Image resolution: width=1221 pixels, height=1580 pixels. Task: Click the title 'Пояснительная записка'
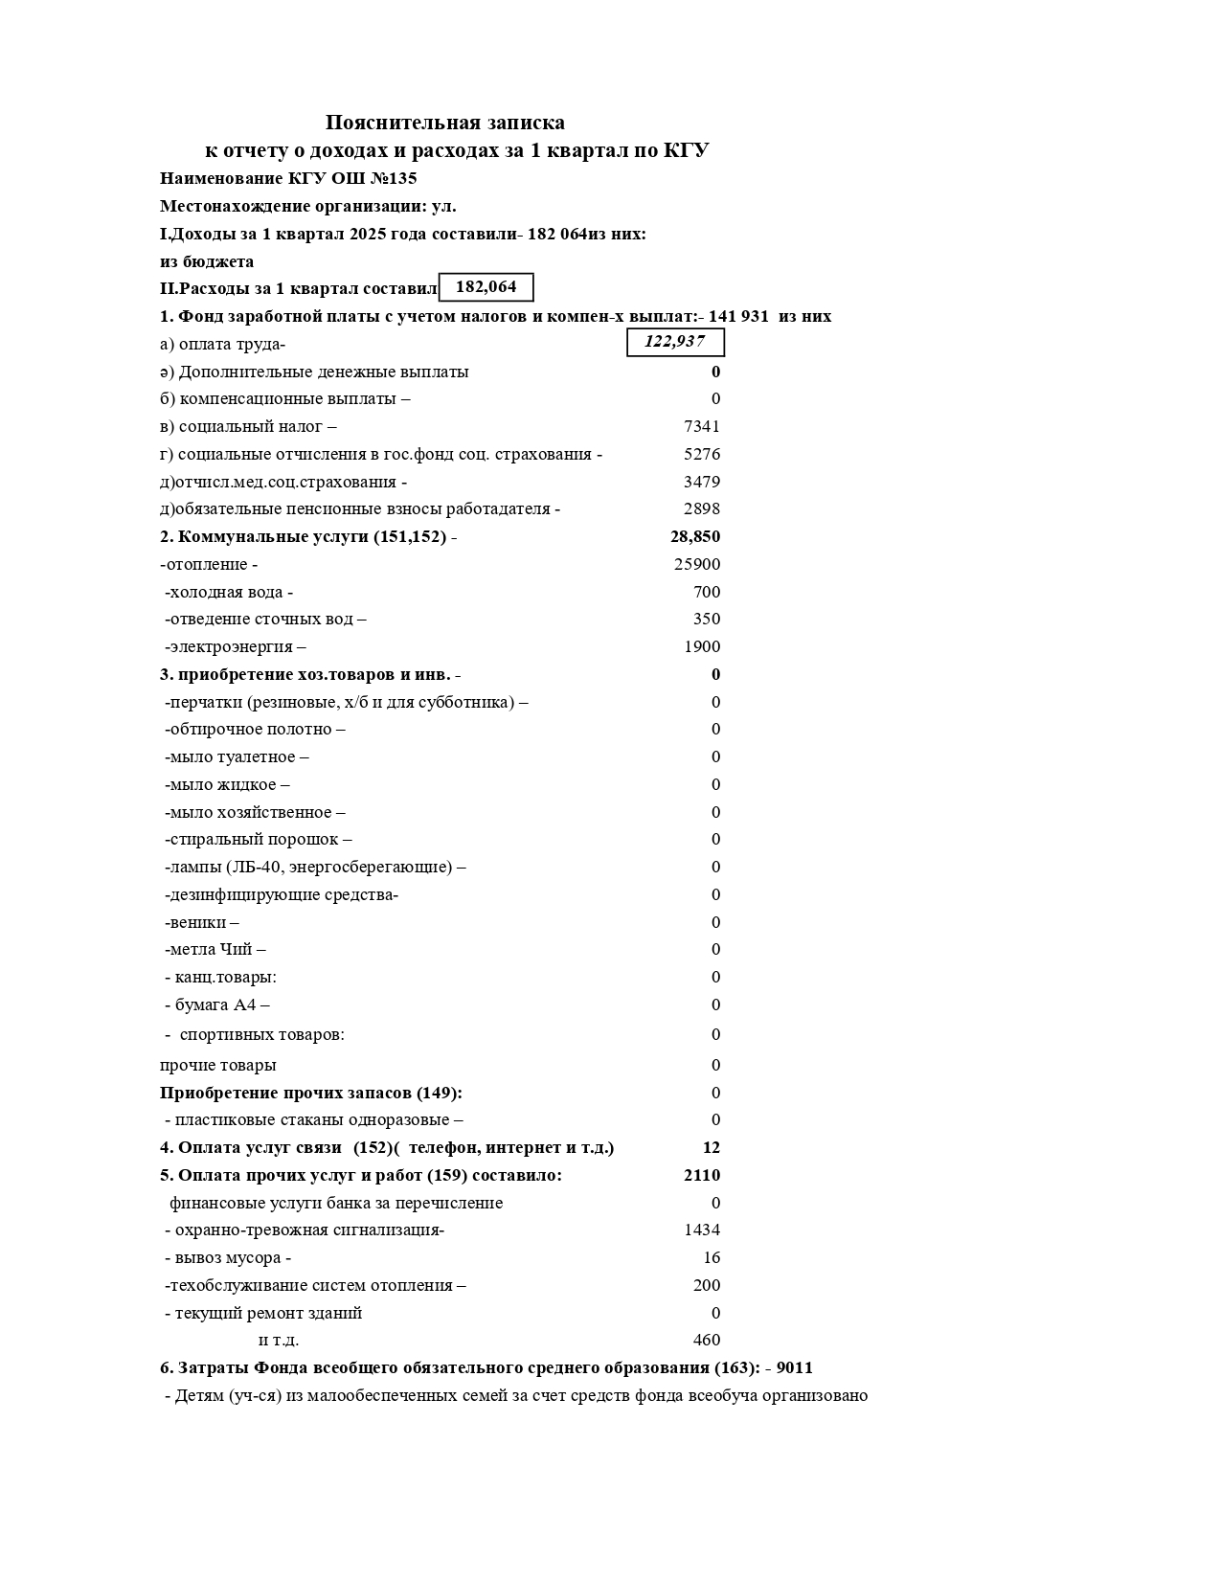(x=444, y=123)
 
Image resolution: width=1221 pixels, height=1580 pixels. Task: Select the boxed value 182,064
(x=486, y=287)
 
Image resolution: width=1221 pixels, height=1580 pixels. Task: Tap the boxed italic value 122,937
(x=674, y=342)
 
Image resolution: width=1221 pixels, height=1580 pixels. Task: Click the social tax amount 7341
(x=701, y=426)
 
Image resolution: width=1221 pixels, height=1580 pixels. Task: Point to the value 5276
(x=701, y=454)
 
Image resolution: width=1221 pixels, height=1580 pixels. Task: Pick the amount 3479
(x=701, y=482)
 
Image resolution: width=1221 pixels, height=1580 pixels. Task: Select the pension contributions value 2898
(x=701, y=508)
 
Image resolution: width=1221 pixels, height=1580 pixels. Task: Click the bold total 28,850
(x=694, y=536)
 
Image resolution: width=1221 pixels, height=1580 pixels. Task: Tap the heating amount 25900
(x=697, y=565)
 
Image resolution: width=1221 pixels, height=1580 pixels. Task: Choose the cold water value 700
(x=707, y=592)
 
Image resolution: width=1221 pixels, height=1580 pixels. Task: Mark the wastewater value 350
(x=707, y=619)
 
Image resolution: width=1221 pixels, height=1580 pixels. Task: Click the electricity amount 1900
(x=701, y=646)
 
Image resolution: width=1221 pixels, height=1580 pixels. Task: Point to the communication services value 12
(x=711, y=1147)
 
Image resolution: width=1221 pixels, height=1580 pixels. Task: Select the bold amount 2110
(x=701, y=1175)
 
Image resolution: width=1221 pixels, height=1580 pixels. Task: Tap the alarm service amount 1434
(x=701, y=1230)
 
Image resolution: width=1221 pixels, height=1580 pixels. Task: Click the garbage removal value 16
(x=712, y=1257)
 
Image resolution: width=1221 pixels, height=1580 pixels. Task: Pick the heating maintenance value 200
(x=707, y=1285)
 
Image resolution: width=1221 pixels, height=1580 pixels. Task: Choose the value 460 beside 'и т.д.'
(x=707, y=1340)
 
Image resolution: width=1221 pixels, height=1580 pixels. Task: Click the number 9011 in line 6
(x=794, y=1367)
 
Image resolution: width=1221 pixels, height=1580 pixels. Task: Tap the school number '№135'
(x=395, y=178)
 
